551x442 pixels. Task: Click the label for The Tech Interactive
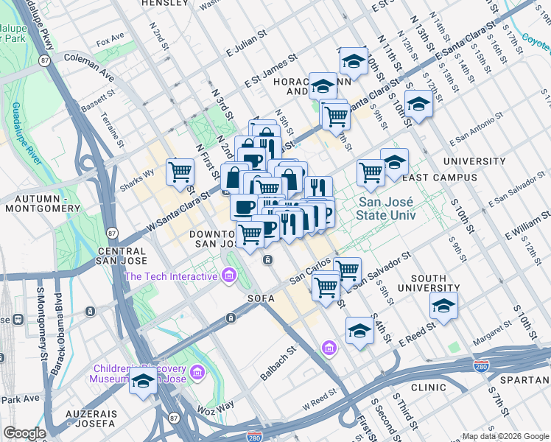click(x=171, y=276)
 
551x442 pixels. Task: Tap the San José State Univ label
click(x=386, y=209)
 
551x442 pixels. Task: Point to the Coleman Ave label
click(x=89, y=66)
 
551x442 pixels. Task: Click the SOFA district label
click(x=261, y=298)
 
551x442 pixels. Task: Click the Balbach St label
click(x=278, y=365)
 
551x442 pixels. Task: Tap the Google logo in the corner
click(x=24, y=433)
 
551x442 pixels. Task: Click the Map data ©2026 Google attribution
click(x=505, y=436)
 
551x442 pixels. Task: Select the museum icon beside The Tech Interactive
click(x=229, y=276)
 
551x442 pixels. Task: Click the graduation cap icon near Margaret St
click(x=443, y=304)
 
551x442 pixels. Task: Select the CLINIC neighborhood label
click(x=429, y=387)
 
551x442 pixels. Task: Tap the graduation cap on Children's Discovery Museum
click(x=144, y=382)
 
